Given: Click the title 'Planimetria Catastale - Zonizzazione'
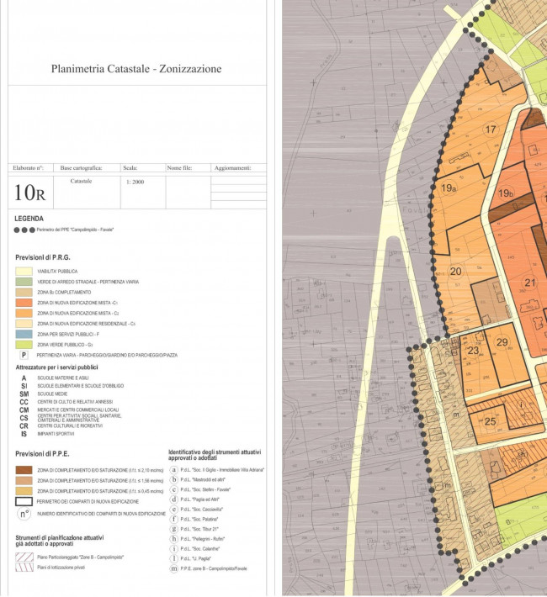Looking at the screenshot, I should (136, 68).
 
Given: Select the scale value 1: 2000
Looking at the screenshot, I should (134, 182).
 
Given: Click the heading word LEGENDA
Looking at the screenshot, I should (29, 218).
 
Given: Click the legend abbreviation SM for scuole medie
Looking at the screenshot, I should (24, 394).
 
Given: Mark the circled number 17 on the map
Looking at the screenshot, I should (491, 129).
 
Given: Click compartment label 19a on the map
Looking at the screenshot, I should (448, 188).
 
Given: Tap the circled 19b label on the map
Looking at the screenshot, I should (506, 194).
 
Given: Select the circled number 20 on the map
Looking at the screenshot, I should (456, 271).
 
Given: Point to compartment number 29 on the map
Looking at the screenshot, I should (502, 341).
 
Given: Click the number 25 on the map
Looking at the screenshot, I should (489, 420).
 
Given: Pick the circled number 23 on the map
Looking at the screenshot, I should (473, 351).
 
